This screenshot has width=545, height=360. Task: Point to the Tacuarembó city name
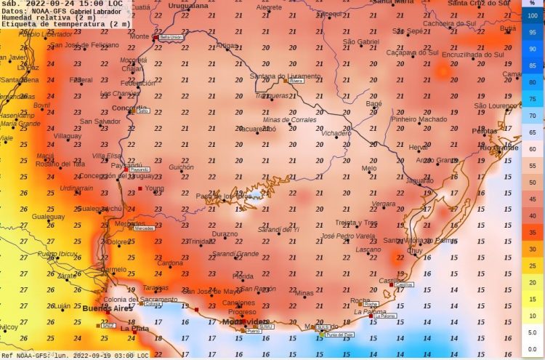pos(257,129)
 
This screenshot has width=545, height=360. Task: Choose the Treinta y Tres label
pos(356,222)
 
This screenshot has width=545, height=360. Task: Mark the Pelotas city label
pos(485,131)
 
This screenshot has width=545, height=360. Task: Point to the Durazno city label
pos(224,234)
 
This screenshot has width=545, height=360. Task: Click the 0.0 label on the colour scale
pos(533,349)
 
